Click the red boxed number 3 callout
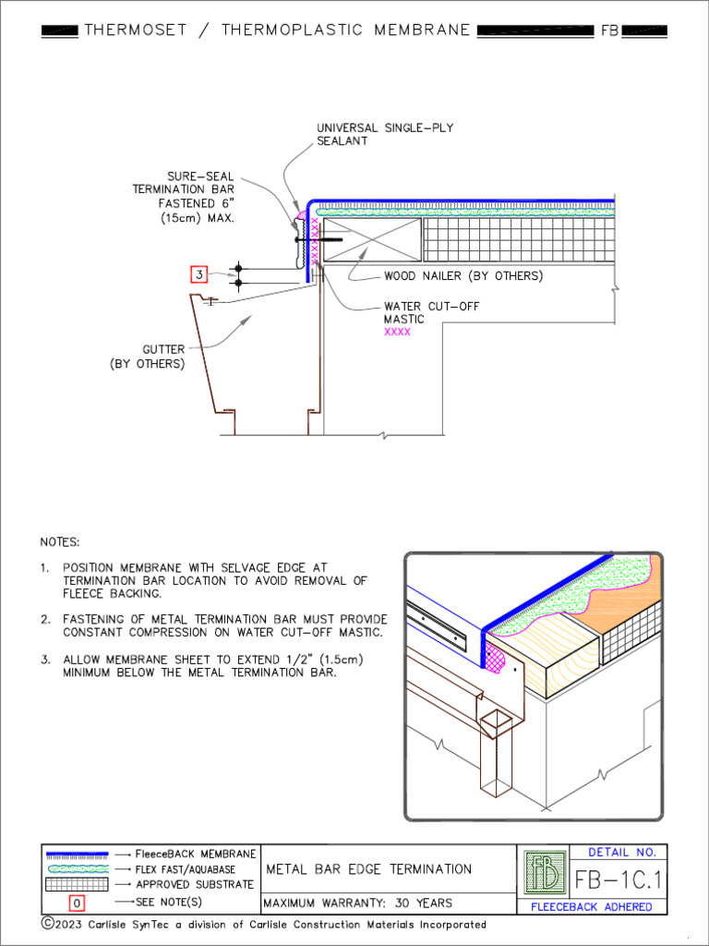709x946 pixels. coord(198,274)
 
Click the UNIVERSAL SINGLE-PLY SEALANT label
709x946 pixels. coord(385,134)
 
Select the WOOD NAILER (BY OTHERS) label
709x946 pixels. coord(463,276)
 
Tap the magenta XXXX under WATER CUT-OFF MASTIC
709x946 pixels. coord(397,332)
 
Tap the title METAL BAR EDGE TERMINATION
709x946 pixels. coord(369,869)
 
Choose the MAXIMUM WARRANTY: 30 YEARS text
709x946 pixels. coord(358,903)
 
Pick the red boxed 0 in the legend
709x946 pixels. coord(78,903)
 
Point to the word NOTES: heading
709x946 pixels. coord(60,541)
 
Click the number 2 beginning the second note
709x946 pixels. coord(44,619)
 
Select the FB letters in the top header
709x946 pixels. coord(610,30)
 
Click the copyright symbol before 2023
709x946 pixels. coord(47,924)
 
